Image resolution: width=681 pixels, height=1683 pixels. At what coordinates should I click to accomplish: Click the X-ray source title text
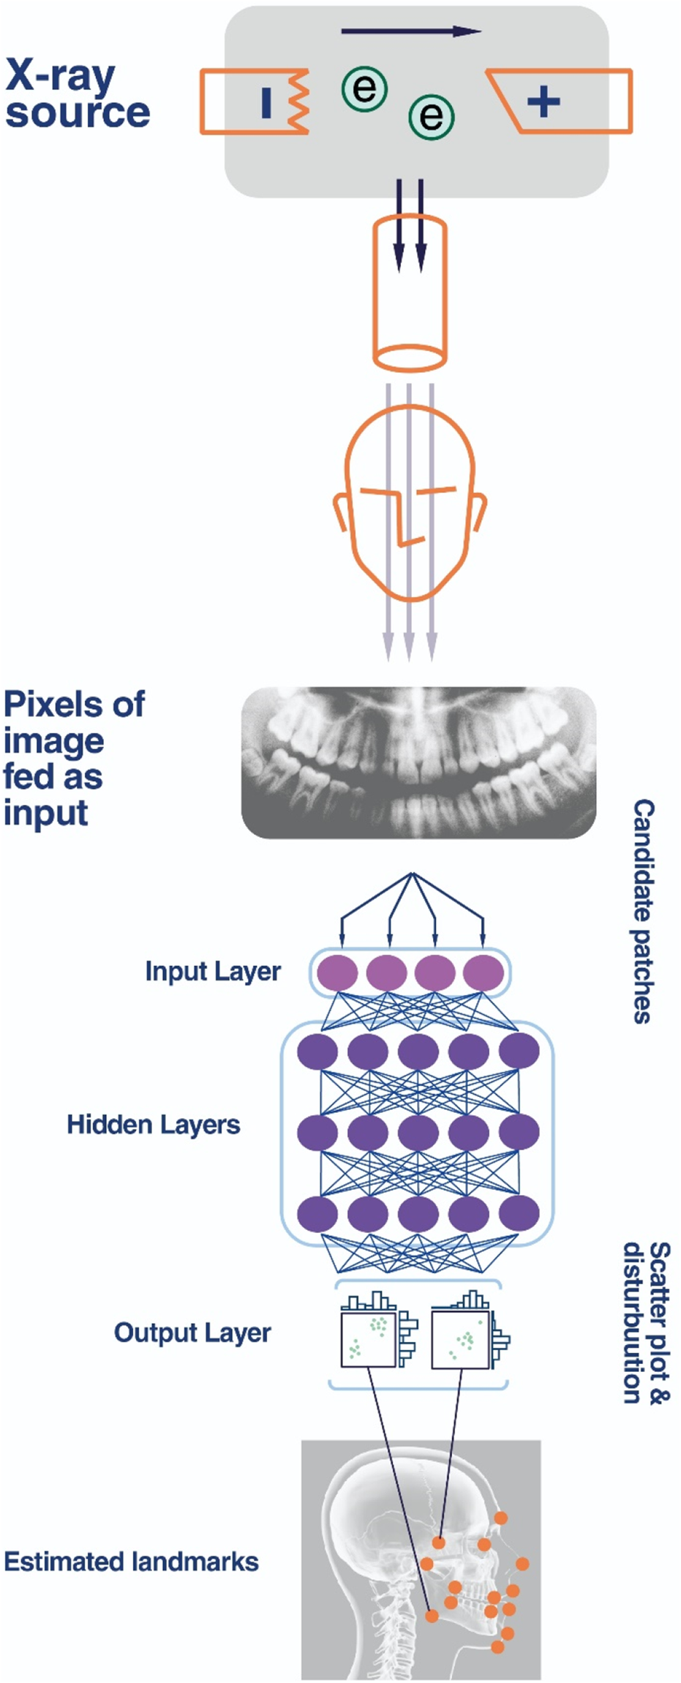pyautogui.click(x=77, y=94)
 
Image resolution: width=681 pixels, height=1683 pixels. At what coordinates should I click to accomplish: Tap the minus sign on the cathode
pyautogui.click(x=266, y=102)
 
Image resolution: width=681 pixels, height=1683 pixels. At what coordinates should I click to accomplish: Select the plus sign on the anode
pyautogui.click(x=543, y=100)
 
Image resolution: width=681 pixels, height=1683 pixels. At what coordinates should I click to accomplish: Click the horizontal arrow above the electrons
pyautogui.click(x=410, y=31)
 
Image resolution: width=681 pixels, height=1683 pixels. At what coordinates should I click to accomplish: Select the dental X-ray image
pyautogui.click(x=418, y=762)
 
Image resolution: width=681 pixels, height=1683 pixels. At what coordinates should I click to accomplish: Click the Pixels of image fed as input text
pyautogui.click(x=73, y=758)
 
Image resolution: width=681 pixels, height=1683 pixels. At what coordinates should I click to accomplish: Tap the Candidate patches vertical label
pyautogui.click(x=643, y=911)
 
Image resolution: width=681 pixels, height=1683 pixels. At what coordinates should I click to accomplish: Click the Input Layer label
pyautogui.click(x=213, y=972)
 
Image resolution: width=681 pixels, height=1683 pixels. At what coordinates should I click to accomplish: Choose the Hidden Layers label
pyautogui.click(x=153, y=1125)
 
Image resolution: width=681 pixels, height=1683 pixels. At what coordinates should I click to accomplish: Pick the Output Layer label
pyautogui.click(x=192, y=1332)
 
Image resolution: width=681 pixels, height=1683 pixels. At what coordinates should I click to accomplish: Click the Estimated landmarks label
pyautogui.click(x=131, y=1562)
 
